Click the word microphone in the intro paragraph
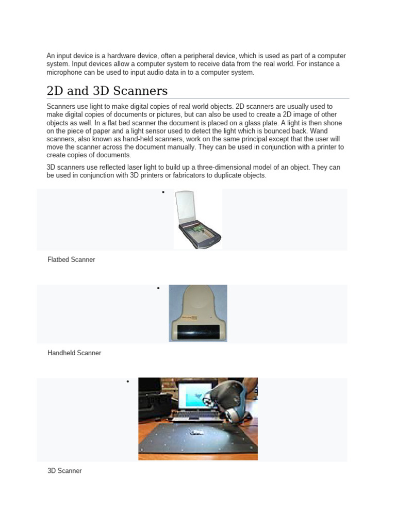65,73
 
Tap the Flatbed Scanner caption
71,260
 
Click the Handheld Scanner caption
74,353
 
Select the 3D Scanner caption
64,471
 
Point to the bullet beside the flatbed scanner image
163,192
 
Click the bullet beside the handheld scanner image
158,288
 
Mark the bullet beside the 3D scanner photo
127,381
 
